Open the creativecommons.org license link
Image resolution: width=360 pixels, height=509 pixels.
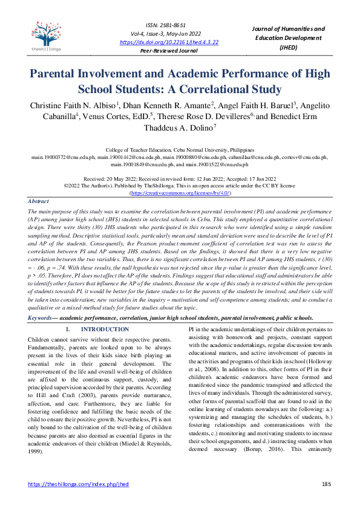pos(180,192)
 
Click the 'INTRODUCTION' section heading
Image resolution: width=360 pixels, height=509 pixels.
pos(105,329)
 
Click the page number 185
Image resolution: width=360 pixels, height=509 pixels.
pos(326,485)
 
